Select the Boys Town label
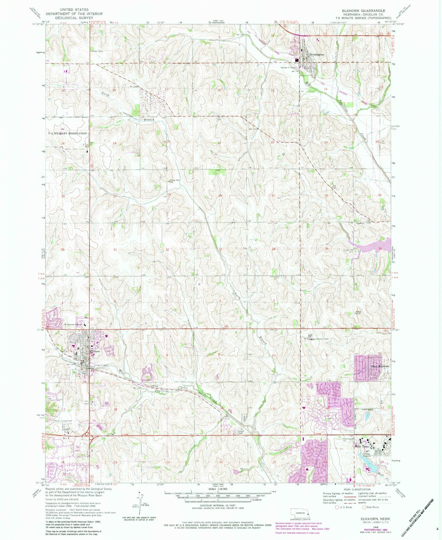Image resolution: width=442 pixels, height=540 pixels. (366, 446)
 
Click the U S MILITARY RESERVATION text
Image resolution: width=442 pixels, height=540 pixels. (68, 133)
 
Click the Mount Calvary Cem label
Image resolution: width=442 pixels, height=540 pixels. (65, 421)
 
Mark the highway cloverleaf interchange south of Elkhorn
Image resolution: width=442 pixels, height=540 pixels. (88, 434)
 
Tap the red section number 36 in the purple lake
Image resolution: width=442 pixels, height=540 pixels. (380, 248)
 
